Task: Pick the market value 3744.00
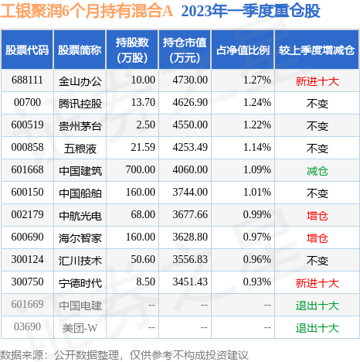pyautogui.click(x=187, y=191)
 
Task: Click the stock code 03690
pyautogui.click(x=27, y=328)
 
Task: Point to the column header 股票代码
pyautogui.click(x=27, y=50)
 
